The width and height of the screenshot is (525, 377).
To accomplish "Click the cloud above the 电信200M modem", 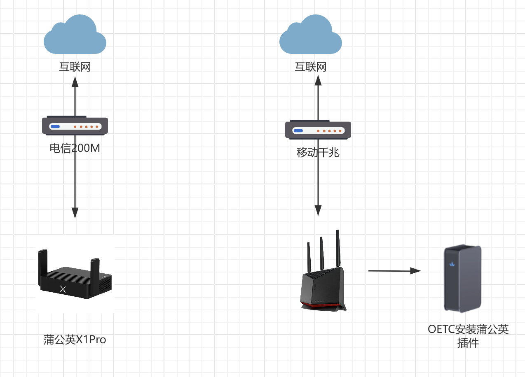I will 75,35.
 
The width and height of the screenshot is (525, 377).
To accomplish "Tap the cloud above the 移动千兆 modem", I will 310,35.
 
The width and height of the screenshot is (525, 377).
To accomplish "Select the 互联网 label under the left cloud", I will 75,67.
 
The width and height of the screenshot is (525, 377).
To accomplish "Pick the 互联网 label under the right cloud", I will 311,67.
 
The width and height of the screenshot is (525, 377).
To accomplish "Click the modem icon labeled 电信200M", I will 75,126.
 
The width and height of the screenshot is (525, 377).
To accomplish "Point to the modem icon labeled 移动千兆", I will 318,130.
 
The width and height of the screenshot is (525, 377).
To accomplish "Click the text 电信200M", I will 75,148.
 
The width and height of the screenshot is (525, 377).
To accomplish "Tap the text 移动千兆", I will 318,153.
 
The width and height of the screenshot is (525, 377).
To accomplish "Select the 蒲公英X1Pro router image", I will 75,278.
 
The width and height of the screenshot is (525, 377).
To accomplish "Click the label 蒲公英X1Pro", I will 75,340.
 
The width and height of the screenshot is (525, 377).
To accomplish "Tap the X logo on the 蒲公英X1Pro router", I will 63,289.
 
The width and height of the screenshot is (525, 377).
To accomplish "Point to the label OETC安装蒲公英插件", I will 468,336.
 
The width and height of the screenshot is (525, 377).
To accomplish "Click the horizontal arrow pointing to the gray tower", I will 394,271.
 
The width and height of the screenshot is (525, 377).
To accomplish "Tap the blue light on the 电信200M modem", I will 55,127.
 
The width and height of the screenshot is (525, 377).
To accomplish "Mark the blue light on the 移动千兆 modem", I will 298,131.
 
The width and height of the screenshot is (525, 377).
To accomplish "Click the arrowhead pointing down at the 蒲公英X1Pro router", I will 75,212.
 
